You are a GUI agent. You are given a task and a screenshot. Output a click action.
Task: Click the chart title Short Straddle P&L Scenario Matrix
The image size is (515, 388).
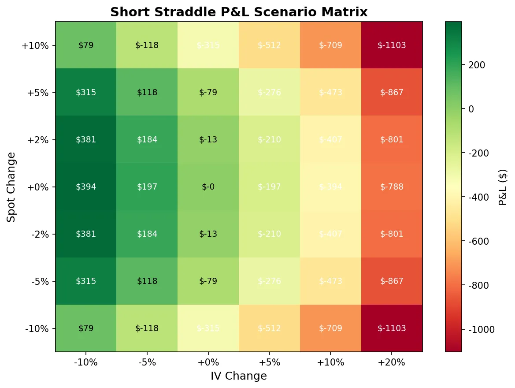[x=239, y=12]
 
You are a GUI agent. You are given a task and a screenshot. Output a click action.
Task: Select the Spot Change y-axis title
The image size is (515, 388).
[x=12, y=187]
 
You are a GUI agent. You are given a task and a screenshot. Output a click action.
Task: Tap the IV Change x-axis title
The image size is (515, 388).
[x=239, y=376]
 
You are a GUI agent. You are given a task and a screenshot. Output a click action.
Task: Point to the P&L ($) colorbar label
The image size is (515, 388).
[x=503, y=187]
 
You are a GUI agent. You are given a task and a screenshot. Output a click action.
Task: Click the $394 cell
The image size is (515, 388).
[x=86, y=187]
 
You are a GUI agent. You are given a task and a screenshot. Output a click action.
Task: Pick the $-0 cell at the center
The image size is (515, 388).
[x=208, y=187]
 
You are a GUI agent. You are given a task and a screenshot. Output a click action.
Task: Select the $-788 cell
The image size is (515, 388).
[x=392, y=187]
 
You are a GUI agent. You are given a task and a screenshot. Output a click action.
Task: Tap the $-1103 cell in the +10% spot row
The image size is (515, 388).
[x=392, y=45]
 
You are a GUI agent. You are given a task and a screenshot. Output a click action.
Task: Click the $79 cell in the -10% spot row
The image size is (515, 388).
[x=86, y=328]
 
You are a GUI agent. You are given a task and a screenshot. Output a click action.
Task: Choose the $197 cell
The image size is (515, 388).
[x=147, y=187]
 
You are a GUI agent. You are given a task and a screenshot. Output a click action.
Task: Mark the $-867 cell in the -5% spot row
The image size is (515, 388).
[x=392, y=281]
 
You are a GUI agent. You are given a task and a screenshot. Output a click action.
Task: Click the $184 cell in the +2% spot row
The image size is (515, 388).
[x=147, y=139]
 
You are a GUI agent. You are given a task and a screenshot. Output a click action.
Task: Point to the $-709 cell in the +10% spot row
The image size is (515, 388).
[x=330, y=45]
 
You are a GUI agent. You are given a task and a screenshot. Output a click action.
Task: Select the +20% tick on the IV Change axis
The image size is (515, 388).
[x=392, y=362]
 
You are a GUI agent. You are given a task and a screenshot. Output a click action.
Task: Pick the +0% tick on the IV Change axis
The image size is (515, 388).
[x=208, y=362]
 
